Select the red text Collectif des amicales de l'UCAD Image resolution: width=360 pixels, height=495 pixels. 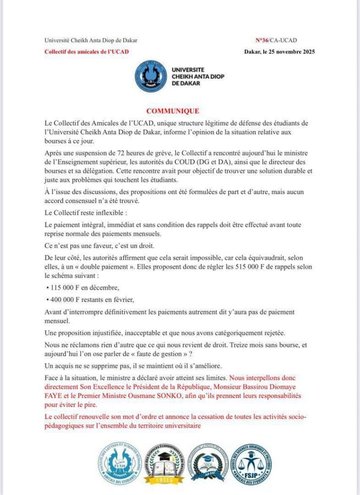pyautogui.click(x=86, y=52)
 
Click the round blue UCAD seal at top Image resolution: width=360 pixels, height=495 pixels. pyautogui.click(x=150, y=76)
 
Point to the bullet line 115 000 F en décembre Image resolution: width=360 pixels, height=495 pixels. pyautogui.click(x=78, y=288)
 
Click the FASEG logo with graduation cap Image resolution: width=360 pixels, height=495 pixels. pyautogui.click(x=164, y=464)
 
